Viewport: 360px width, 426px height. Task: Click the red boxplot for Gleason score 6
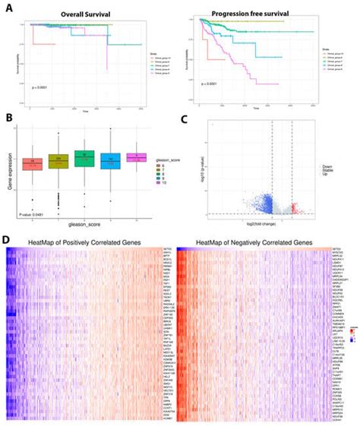[33, 163]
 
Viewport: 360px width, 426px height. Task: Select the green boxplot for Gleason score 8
[85, 158]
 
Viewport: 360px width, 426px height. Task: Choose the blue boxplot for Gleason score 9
[111, 159]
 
